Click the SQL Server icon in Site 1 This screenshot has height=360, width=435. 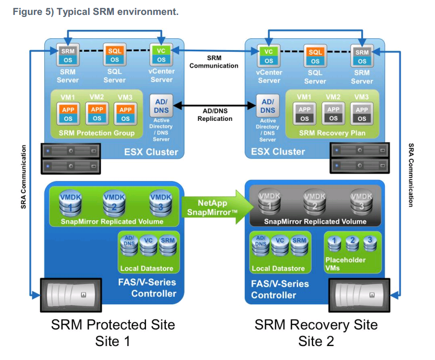pyautogui.click(x=114, y=55)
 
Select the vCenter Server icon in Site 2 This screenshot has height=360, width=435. pyautogui.click(x=269, y=56)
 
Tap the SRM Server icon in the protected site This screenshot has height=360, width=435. pyautogui.click(x=68, y=55)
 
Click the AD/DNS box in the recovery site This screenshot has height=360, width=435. pyautogui.click(x=268, y=106)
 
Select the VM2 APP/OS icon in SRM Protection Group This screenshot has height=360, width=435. pyautogui.click(x=97, y=114)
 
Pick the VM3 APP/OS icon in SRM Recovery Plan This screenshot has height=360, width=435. pyautogui.click(x=362, y=114)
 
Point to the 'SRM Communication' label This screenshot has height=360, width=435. pyautogui.click(x=214, y=62)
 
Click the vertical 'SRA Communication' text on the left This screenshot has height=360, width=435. pyautogui.click(x=23, y=177)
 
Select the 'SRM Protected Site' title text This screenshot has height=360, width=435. pyautogui.click(x=113, y=325)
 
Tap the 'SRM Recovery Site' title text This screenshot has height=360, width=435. pyautogui.click(x=316, y=325)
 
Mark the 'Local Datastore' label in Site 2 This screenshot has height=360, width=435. pyautogui.click(x=275, y=269)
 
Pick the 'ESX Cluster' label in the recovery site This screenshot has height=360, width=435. pyautogui.click(x=278, y=152)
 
